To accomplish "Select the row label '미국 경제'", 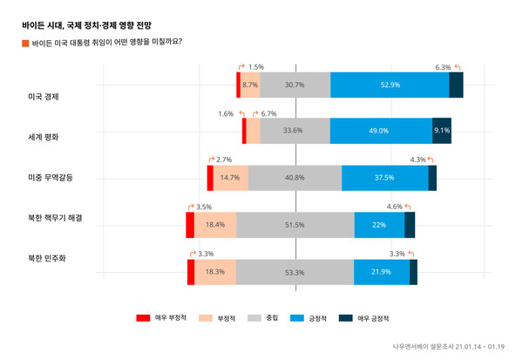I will [44, 97].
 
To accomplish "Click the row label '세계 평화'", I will [44, 137].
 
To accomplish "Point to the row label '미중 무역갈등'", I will [51, 178].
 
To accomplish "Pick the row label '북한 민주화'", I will [47, 259].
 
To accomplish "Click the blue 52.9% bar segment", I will [390, 85].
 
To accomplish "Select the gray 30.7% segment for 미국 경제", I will [295, 85].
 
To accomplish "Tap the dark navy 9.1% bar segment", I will [442, 131].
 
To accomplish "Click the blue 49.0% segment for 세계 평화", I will [381, 131].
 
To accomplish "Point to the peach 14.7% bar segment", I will [231, 178].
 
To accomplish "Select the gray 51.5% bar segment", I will [295, 225].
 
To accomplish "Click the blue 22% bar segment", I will [379, 225].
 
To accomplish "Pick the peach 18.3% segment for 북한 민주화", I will [215, 272].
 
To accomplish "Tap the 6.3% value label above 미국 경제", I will [443, 67].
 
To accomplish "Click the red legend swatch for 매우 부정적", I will [144, 319].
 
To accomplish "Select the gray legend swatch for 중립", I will [255, 319].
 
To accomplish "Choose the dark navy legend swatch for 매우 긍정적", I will [344, 319].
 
